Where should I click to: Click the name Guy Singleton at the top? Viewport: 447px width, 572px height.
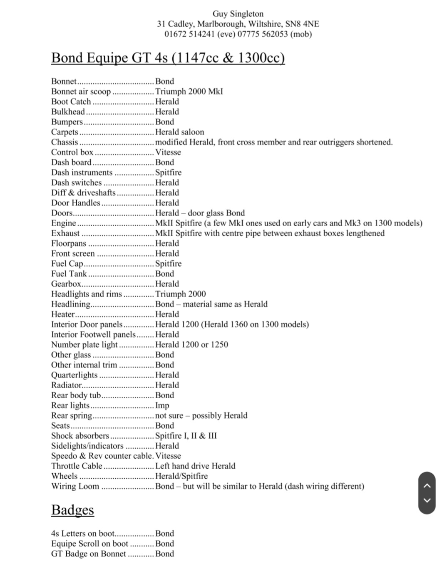[x=238, y=14]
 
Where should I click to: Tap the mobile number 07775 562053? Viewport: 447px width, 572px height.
[x=263, y=34]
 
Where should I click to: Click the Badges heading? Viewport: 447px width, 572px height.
[x=72, y=510]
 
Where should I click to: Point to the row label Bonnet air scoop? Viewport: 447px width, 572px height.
[x=81, y=92]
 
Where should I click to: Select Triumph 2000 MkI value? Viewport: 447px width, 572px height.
[x=189, y=92]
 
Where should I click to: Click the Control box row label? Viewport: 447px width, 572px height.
[x=72, y=152]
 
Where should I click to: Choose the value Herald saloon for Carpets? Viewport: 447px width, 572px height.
[x=179, y=132]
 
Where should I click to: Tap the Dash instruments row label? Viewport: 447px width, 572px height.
[x=82, y=172]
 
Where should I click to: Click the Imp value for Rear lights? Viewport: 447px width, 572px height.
[x=162, y=405]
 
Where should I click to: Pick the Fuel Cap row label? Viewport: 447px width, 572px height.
[x=67, y=264]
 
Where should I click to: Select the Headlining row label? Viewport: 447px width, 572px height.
[x=70, y=304]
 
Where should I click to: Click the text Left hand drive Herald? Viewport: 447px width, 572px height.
[x=195, y=466]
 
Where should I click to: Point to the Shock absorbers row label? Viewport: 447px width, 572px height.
[x=80, y=436]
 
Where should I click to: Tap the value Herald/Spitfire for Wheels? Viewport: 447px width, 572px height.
[x=181, y=476]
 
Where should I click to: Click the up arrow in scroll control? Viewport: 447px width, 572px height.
[x=427, y=485]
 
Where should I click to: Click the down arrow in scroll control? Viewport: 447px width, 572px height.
[x=427, y=500]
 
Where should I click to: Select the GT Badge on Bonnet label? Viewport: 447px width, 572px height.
[x=88, y=554]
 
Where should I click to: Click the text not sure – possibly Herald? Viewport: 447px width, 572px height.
[x=201, y=415]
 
